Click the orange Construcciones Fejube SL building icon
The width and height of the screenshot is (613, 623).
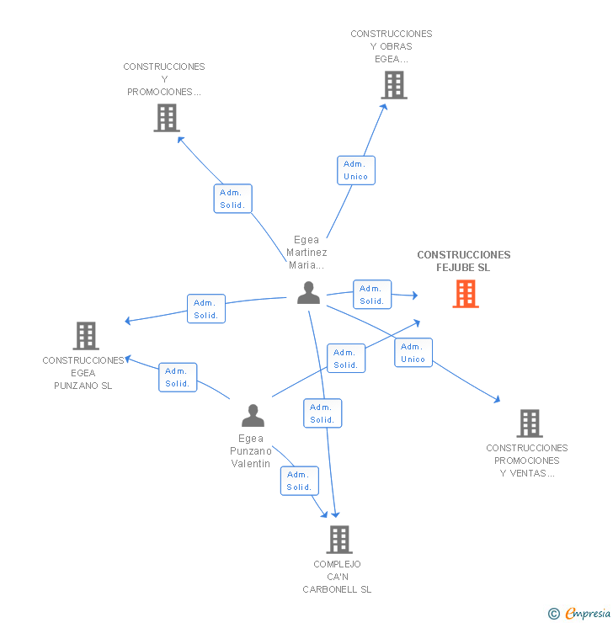coord(466,294)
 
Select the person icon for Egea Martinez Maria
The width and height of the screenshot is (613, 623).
coord(309,292)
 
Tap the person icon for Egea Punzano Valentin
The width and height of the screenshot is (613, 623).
coord(253,416)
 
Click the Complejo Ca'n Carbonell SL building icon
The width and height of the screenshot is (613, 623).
coord(338,540)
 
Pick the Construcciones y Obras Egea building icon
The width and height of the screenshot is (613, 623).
coord(393,85)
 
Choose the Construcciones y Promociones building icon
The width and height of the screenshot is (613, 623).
coord(167,118)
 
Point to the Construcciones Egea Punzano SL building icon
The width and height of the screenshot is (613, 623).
coord(85,336)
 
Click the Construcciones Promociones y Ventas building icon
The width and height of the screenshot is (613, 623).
coord(529,423)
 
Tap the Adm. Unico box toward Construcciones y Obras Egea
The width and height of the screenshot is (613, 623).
coord(355,170)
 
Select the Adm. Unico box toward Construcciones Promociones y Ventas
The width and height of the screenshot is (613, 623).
coord(413,353)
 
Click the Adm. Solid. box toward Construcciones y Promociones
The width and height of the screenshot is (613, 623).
coord(232,199)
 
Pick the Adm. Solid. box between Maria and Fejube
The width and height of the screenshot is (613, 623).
coord(371,295)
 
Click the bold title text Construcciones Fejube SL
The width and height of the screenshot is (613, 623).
coord(463,261)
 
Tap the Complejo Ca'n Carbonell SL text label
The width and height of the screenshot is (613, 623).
coord(337,577)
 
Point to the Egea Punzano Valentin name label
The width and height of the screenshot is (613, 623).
coord(251,451)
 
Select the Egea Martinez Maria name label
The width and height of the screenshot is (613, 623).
coord(306,253)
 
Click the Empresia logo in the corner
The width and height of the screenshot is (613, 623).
coord(587,614)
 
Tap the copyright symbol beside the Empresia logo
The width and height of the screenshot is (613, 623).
coord(553,614)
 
